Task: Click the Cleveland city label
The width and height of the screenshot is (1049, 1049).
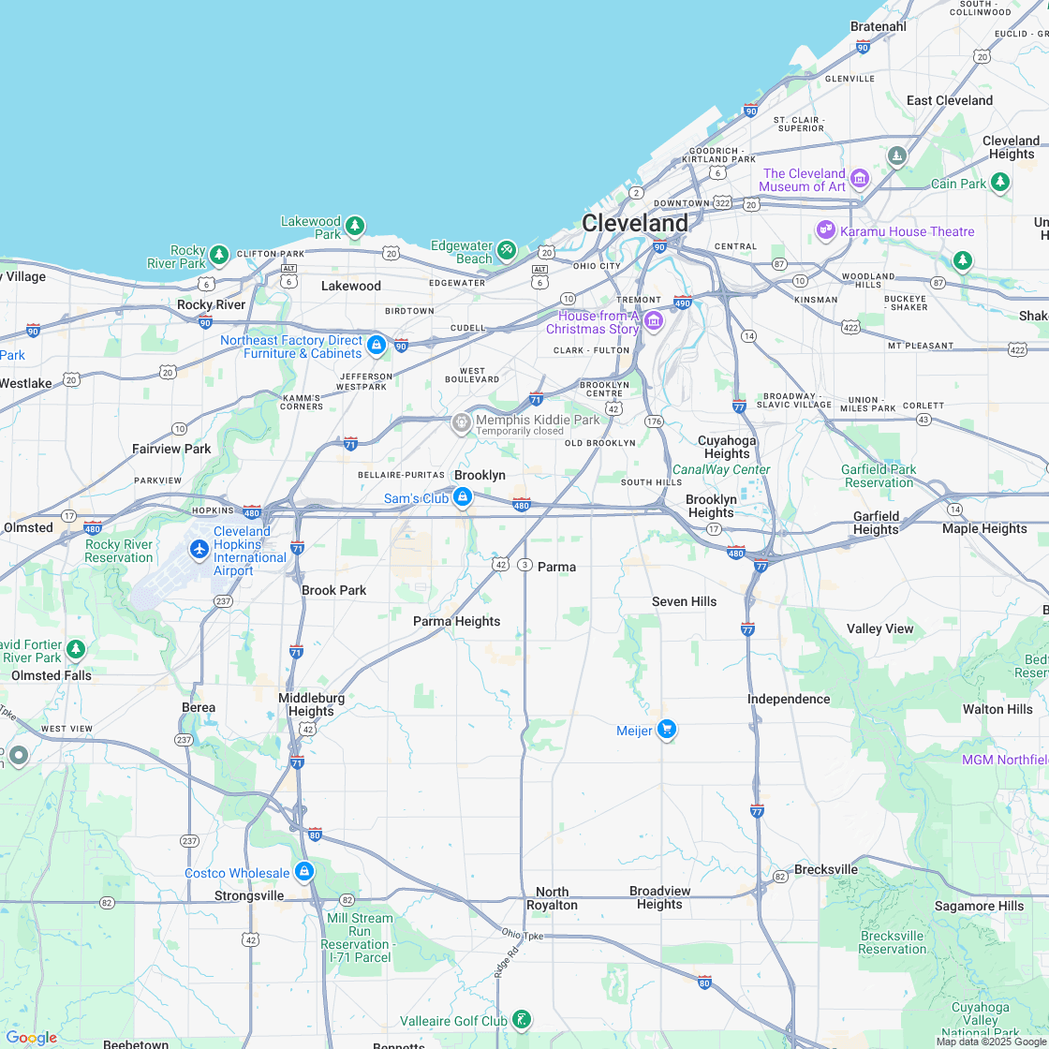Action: point(634,223)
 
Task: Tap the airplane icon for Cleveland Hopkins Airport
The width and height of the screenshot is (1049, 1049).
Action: point(199,549)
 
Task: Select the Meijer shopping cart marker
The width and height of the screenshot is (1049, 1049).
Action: point(666,729)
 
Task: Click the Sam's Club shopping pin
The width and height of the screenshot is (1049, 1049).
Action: point(462,496)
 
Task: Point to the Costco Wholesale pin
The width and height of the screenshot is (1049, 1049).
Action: point(303,871)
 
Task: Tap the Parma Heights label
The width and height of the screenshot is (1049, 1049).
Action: point(456,621)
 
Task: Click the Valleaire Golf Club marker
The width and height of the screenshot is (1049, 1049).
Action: point(522,1019)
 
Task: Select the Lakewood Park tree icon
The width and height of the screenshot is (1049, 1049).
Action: point(354,226)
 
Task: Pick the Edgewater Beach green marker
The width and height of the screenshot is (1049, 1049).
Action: point(507,250)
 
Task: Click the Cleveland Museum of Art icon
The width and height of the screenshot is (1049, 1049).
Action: point(860,178)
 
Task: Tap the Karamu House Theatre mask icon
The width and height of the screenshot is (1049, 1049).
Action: point(825,229)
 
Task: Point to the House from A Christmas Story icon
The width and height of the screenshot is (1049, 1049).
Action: point(654,321)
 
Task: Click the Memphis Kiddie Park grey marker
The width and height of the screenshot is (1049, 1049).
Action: point(461,422)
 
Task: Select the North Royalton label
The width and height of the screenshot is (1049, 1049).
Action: point(552,898)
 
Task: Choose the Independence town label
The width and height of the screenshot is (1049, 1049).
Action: point(788,699)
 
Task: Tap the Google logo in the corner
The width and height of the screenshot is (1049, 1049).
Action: point(31,1038)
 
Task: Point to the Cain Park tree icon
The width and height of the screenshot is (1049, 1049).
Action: point(1000,181)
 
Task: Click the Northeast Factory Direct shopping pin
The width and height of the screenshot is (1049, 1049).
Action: point(377,345)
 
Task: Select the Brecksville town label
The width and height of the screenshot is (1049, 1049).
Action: point(825,869)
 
